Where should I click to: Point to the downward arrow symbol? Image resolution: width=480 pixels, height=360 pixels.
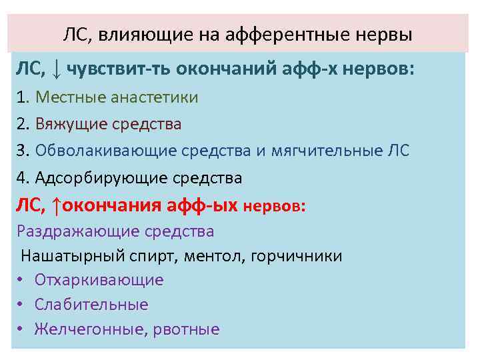click(57, 69)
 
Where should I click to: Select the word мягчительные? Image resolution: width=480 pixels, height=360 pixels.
click(327, 151)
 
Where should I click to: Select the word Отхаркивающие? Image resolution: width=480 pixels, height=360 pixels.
click(99, 280)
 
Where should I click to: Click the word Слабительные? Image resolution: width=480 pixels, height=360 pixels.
click(91, 305)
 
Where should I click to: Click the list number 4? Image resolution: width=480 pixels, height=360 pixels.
click(22, 178)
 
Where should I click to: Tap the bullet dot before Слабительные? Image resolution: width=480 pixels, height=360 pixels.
click(21, 305)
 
